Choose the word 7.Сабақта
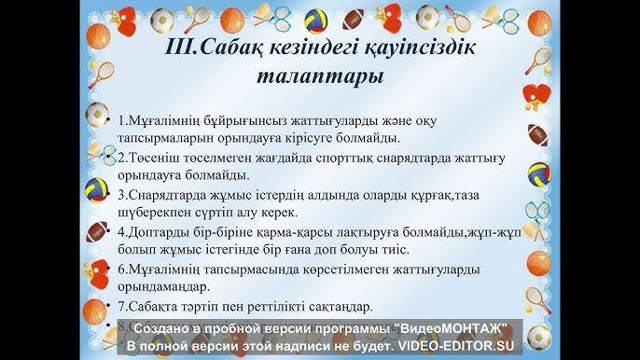(x=151, y=305)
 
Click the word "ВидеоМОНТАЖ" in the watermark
(x=452, y=329)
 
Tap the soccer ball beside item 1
(x=95, y=115)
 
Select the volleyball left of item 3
(x=97, y=189)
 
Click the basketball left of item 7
(x=94, y=309)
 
